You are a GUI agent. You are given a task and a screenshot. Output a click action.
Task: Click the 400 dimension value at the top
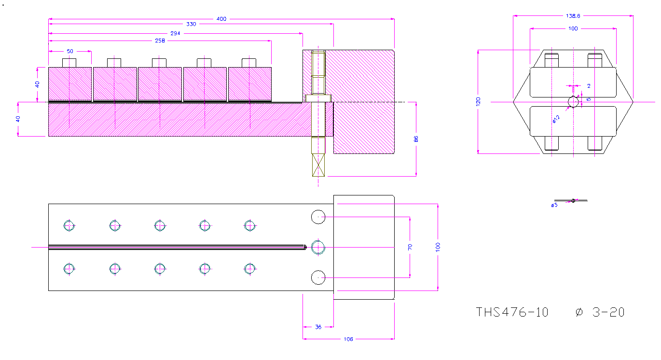point(221,19)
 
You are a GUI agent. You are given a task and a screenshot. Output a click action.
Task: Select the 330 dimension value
point(191,24)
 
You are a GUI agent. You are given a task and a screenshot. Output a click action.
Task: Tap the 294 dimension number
point(175,33)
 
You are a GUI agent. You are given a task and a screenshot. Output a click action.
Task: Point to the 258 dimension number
point(160,41)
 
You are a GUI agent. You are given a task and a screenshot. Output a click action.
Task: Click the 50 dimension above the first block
point(70,51)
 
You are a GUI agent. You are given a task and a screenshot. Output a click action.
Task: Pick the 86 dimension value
point(416,139)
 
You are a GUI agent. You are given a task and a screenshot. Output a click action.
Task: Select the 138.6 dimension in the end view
point(573,16)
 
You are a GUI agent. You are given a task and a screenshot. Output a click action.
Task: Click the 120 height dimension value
point(478,101)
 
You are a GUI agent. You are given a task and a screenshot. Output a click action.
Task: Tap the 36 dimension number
point(318,327)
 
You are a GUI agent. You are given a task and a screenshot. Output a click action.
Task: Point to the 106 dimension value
point(348,339)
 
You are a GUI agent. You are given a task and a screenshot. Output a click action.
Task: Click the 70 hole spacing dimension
point(410,247)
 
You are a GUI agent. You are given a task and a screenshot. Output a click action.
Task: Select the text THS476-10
point(512,312)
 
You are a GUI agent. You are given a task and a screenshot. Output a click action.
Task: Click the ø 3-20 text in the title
point(600,312)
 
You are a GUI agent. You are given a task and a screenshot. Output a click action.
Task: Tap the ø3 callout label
point(554,205)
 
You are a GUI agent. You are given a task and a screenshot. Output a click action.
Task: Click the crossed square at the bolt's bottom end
point(318,165)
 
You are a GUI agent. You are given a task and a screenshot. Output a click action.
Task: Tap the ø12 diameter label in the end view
point(556,119)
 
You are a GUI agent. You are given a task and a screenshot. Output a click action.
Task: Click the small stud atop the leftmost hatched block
point(69,63)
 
